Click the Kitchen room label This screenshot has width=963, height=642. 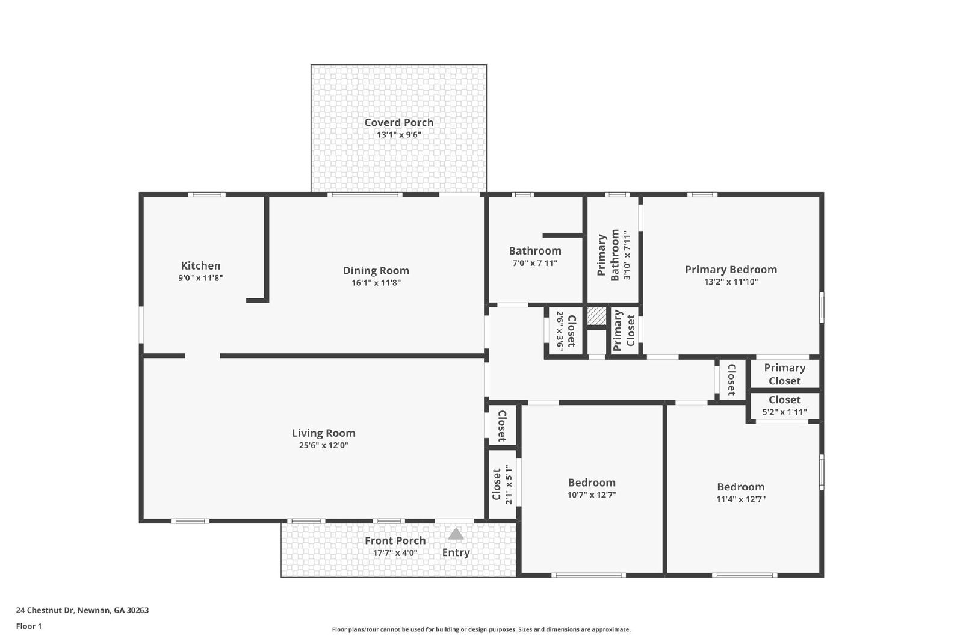tap(200, 265)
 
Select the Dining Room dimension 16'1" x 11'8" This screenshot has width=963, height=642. tap(376, 283)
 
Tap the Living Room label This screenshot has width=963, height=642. tap(323, 433)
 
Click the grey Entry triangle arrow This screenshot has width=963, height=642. tap(456, 534)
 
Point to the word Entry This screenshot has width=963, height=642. tap(456, 552)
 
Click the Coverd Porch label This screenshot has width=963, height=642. tap(398, 122)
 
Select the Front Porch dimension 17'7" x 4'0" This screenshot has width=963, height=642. tap(395, 553)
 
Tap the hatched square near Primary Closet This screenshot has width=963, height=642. tap(596, 316)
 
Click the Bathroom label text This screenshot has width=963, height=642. tap(534, 251)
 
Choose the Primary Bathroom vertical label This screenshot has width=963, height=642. tap(608, 255)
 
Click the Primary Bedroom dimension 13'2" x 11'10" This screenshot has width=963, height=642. tap(731, 282)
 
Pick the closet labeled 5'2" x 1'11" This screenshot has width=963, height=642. tap(784, 406)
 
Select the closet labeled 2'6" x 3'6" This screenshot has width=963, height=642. tap(565, 330)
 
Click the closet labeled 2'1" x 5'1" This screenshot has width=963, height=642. tap(502, 484)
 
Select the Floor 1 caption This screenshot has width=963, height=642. tap(28, 626)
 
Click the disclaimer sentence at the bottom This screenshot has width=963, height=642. tap(481, 629)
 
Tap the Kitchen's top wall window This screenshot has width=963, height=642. tap(206, 194)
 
